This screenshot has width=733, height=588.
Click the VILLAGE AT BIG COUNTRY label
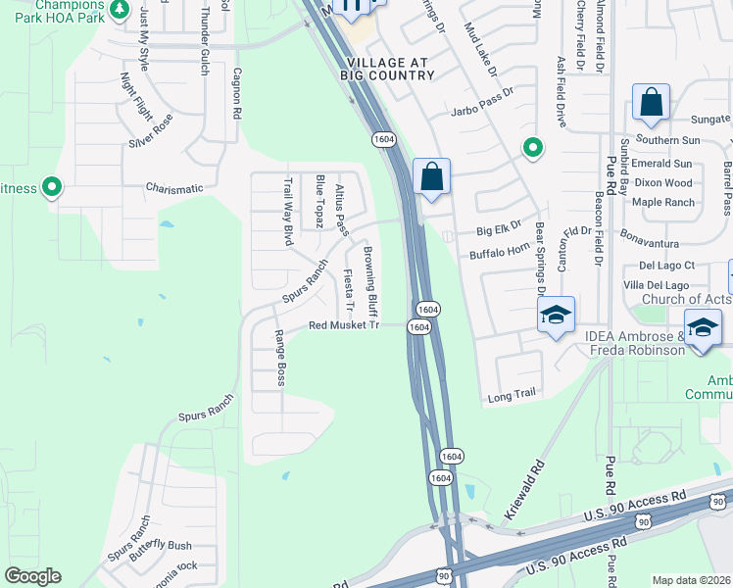click(385, 68)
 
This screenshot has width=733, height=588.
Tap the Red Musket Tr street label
click(343, 325)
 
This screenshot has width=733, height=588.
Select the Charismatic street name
click(174, 188)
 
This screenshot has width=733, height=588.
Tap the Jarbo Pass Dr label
click(482, 114)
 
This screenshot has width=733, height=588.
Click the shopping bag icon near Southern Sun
click(651, 102)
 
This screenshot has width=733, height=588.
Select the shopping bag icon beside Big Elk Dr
click(431, 177)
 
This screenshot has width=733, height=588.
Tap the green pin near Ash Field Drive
click(532, 148)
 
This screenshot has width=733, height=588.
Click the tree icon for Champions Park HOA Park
click(119, 10)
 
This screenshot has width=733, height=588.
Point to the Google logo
click(32, 576)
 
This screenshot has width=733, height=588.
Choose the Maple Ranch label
click(663, 203)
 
